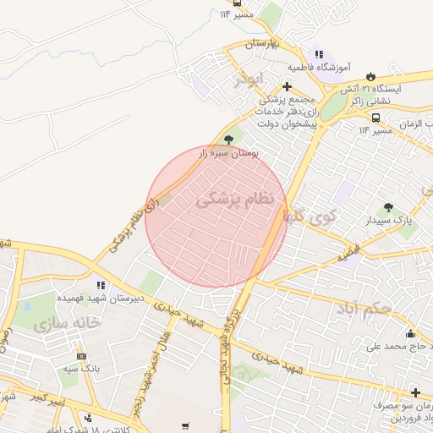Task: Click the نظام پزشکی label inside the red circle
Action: coord(236,200)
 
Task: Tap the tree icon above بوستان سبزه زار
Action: coord(229,139)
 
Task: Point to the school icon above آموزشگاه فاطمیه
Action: coord(318,52)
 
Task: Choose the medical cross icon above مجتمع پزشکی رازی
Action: coord(288,86)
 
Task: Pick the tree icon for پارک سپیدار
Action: coord(388,207)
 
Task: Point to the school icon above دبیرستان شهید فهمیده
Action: coord(101,286)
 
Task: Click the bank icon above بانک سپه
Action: coord(81,357)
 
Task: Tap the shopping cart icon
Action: coord(185,426)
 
